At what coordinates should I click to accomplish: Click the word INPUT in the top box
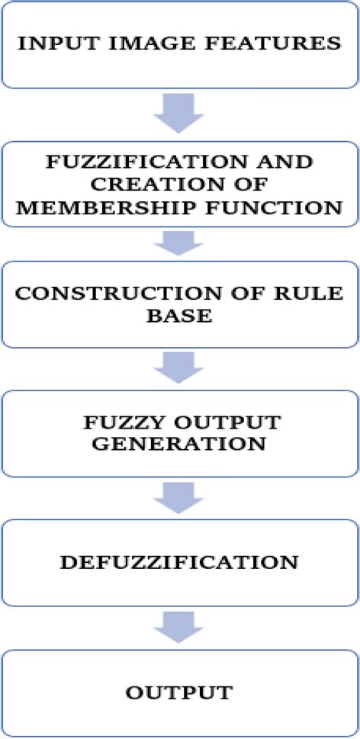tap(53, 43)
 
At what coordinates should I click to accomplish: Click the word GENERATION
tap(179, 443)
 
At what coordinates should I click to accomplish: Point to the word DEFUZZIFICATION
tap(179, 563)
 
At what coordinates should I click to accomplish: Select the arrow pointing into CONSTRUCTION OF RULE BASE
tap(178, 243)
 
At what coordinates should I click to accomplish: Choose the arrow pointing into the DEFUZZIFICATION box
tap(178, 498)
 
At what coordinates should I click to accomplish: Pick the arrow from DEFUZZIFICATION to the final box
tap(178, 626)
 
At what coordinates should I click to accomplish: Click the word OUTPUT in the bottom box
tap(179, 693)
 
